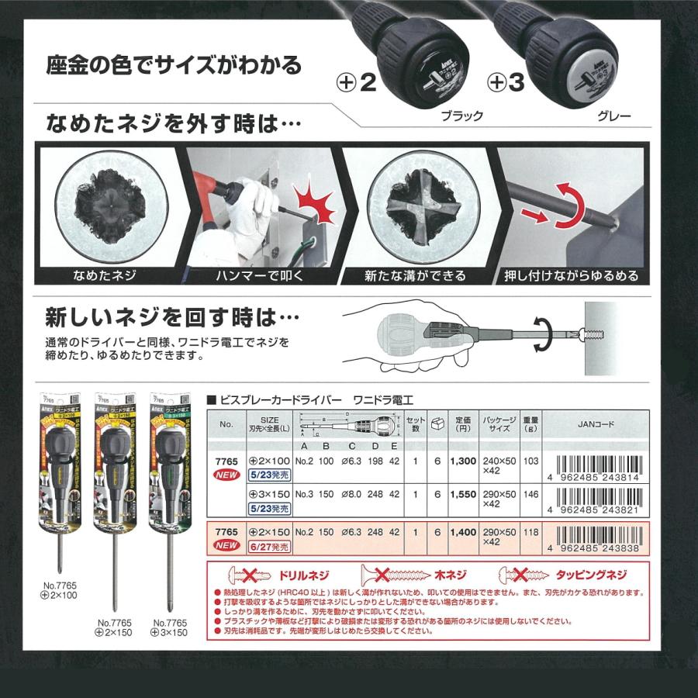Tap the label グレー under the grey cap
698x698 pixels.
point(613,117)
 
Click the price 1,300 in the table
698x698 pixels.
point(463,461)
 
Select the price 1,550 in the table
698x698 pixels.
point(463,494)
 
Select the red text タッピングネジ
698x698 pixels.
point(593,576)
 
